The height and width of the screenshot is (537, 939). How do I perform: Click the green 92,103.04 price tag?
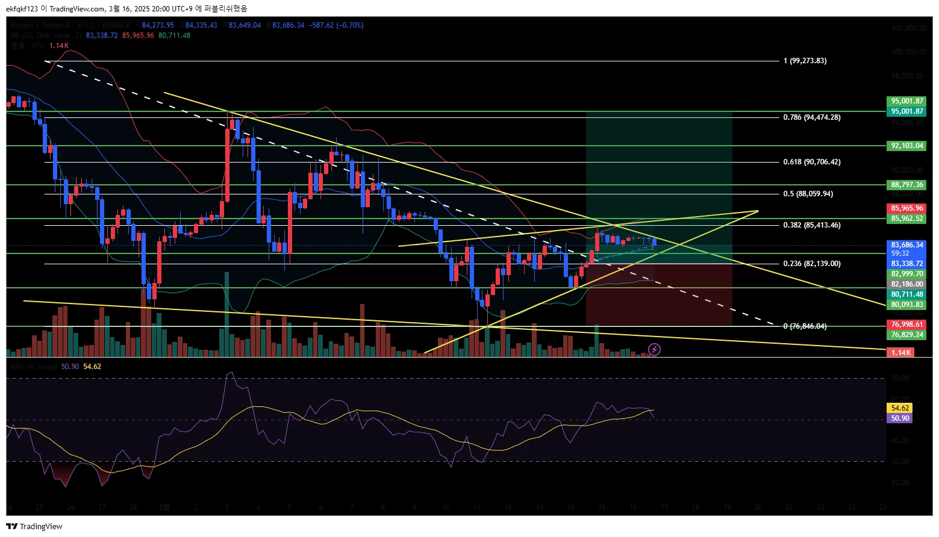pos(906,146)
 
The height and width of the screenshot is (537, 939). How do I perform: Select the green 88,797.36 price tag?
pos(906,185)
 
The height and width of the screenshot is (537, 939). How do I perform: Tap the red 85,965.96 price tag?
pos(906,208)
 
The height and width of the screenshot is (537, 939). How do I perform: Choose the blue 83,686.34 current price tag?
pos(906,245)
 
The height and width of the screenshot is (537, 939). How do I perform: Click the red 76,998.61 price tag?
pos(906,324)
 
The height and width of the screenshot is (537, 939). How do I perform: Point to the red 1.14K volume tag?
pos(901,352)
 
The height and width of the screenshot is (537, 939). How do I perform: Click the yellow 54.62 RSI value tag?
pos(900,408)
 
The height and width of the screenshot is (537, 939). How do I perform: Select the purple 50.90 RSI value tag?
pos(900,418)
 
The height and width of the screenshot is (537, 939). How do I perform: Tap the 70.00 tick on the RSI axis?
pos(900,378)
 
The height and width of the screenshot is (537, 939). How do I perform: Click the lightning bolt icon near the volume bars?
pos(654,349)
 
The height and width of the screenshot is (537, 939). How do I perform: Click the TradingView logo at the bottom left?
pos(34,526)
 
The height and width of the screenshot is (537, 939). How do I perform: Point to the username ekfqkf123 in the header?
pos(22,8)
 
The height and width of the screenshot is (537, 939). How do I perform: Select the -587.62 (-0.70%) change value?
pos(336,25)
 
